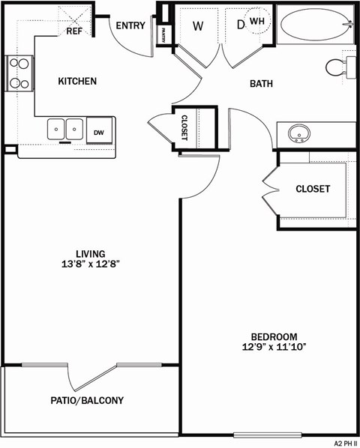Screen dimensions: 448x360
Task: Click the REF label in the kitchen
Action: point(74,31)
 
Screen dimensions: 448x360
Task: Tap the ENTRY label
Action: point(130,25)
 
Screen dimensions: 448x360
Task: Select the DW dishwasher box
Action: point(99,132)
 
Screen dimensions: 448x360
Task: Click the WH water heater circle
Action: point(257,22)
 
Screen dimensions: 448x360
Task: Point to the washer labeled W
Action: point(198,26)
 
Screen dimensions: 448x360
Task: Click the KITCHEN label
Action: point(78,81)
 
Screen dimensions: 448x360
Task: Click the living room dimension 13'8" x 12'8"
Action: point(90,264)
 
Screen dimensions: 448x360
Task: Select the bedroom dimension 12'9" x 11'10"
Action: point(274,347)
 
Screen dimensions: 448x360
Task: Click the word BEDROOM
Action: point(274,336)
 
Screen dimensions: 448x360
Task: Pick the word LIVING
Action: point(90,253)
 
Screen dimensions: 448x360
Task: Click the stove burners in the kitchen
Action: point(18,74)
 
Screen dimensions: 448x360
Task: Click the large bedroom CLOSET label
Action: point(312,189)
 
